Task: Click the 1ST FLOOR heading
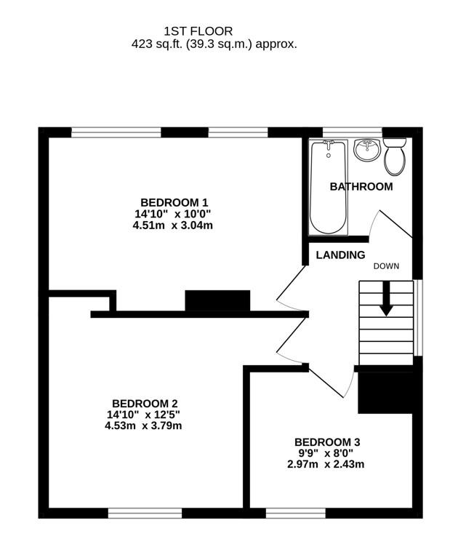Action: click(x=198, y=31)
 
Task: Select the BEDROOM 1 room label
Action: click(x=174, y=202)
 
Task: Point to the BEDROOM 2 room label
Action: click(x=145, y=403)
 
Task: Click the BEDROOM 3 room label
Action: click(x=327, y=442)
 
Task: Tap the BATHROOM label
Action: click(x=361, y=186)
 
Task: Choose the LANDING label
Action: click(x=340, y=255)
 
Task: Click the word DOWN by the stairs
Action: click(x=387, y=265)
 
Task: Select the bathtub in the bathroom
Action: click(x=328, y=187)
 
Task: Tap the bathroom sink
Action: click(x=366, y=151)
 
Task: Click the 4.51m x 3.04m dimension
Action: click(x=174, y=225)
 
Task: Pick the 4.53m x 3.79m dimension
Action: click(x=145, y=426)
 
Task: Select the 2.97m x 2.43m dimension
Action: click(x=326, y=464)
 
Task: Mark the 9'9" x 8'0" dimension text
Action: click(x=326, y=453)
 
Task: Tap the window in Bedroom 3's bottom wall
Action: click(x=285, y=513)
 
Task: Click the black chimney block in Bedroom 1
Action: click(x=217, y=300)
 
